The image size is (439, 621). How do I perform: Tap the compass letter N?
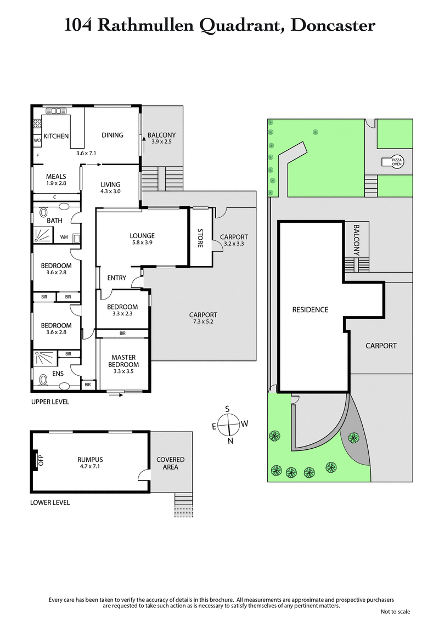230,441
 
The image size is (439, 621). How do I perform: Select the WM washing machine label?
64,237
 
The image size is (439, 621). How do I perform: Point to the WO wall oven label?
37,140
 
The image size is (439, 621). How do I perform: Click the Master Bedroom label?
123,360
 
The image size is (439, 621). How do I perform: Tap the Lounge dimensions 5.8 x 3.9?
142,243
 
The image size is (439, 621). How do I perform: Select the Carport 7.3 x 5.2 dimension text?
203,322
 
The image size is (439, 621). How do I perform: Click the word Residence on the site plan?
310,309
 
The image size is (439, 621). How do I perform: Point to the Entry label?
116,278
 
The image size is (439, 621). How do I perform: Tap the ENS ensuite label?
58,374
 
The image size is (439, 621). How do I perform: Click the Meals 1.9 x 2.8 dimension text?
56,183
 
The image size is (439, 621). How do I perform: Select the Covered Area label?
171,463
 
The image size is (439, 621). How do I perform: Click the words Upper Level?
50,402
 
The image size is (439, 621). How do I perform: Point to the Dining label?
112,135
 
